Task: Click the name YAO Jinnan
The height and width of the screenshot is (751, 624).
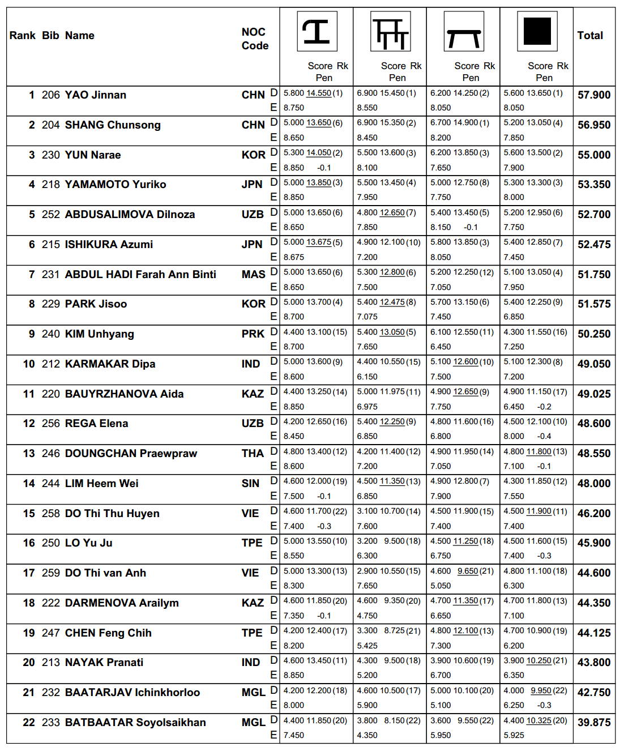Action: tap(95, 95)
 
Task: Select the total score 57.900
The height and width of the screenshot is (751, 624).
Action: tap(593, 95)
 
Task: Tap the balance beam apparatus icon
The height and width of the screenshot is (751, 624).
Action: tap(464, 32)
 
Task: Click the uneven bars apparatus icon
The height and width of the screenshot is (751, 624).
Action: tap(390, 32)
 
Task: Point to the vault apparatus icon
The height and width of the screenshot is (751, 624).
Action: tap(317, 32)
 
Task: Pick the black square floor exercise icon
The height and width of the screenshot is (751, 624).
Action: tap(537, 32)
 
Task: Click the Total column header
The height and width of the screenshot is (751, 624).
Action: tap(590, 36)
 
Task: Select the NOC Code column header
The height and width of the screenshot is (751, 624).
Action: tap(254, 39)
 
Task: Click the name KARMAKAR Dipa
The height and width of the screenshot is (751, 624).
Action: tap(110, 364)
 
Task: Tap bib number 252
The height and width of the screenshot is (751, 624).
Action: tap(50, 215)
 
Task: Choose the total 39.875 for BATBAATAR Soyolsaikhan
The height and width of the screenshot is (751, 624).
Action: tap(593, 723)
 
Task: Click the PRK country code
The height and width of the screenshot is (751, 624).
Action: tap(253, 334)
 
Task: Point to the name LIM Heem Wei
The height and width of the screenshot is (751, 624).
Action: tap(101, 484)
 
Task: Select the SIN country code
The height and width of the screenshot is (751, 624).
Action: tap(250, 484)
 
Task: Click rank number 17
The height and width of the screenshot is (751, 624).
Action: tap(29, 573)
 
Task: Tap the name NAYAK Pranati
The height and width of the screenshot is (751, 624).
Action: tap(104, 663)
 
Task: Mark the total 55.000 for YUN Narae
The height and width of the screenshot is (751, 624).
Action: tap(593, 155)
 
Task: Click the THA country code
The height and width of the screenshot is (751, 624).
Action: tap(253, 454)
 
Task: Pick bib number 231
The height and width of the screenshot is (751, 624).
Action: tap(50, 275)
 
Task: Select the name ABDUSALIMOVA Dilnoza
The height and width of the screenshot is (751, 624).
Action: tap(130, 215)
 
